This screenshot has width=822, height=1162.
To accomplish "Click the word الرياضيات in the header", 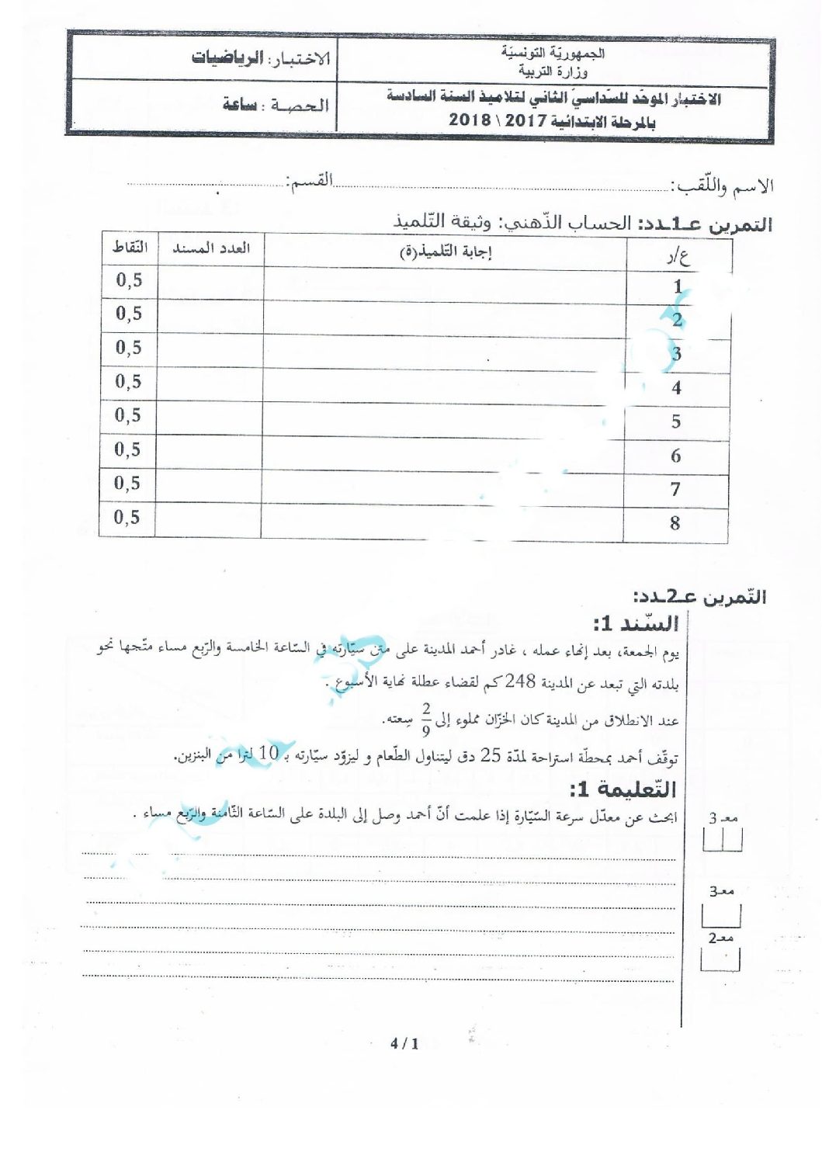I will point(228,59).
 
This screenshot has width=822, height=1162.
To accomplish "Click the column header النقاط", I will point(130,248).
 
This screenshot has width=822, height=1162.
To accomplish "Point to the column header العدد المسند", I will point(210,248).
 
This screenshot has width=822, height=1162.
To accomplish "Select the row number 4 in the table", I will point(676,387).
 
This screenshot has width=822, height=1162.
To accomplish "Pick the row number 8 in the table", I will point(675,523).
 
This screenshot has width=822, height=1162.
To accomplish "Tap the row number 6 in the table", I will point(675,456).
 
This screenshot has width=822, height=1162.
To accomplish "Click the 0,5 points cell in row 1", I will point(129,280).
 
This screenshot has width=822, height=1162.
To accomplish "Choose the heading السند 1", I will point(636,624).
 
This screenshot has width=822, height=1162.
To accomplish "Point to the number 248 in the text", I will point(520,682).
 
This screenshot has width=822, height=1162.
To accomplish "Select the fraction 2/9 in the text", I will point(426,720).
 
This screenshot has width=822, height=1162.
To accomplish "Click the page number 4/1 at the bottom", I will point(404,1043).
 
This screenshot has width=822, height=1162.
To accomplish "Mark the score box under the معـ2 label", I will point(720,961).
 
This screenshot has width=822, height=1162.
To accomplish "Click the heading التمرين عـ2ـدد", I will point(699,597).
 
